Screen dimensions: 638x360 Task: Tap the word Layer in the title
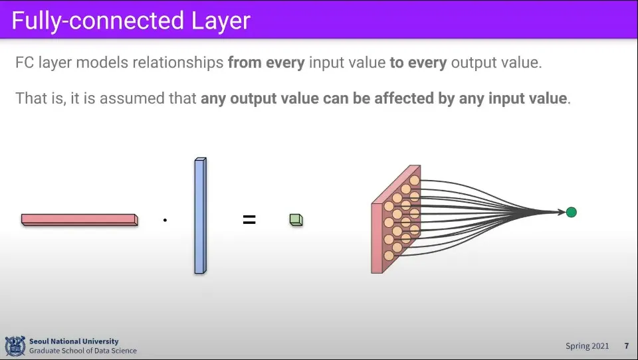tap(221, 21)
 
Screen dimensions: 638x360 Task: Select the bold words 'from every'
tap(266, 62)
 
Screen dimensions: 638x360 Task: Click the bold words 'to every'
tap(418, 62)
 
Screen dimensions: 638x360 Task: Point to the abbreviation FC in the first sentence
tap(25, 62)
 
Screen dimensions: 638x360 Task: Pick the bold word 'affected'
tap(404, 98)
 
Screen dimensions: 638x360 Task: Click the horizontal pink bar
tap(80, 220)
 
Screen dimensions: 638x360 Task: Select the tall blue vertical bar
tap(200, 216)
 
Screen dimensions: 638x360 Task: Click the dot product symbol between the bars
tap(165, 220)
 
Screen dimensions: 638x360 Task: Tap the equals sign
tap(249, 220)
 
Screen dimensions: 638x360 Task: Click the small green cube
tap(296, 220)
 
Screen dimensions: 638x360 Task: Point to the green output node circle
tap(572, 212)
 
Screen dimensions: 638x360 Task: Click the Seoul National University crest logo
tap(15, 346)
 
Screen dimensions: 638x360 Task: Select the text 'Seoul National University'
tap(74, 341)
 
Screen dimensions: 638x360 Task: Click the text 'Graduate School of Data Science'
tap(83, 351)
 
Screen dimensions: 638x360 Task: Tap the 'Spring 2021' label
tap(587, 346)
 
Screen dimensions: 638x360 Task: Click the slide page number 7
tap(627, 346)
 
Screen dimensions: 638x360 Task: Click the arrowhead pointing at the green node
tap(562, 212)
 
